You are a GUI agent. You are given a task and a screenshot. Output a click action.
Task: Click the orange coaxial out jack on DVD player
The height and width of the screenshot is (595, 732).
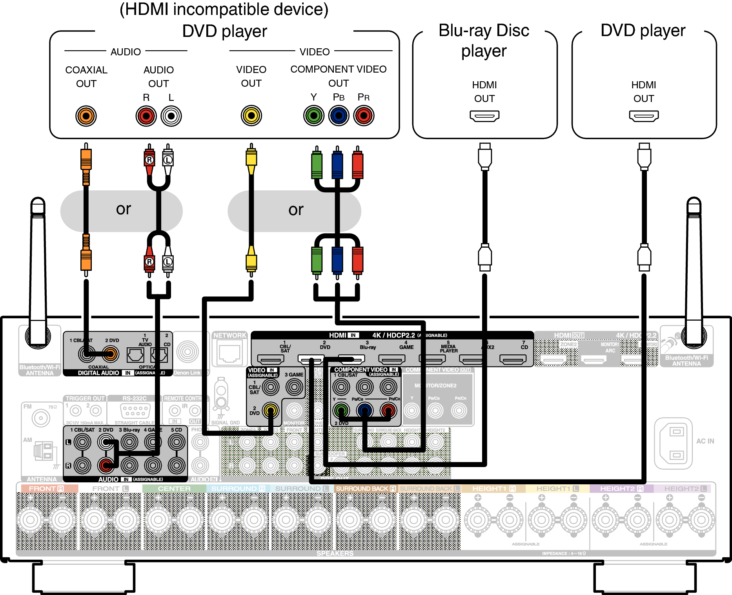86,116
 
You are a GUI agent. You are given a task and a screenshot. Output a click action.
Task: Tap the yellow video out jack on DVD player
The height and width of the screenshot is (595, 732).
251,116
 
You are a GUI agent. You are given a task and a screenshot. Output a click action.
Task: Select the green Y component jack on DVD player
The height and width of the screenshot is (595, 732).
313,116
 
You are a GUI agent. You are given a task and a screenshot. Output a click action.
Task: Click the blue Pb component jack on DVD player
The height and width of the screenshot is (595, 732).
339,116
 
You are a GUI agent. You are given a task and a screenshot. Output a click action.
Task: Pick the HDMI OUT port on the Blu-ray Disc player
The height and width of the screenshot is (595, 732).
484,116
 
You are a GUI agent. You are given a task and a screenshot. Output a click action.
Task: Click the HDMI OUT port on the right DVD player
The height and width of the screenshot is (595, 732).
644,116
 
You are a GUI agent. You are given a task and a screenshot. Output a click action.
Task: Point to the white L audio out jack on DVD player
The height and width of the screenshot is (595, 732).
171,116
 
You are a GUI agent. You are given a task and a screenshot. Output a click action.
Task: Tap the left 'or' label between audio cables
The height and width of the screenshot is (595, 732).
123,209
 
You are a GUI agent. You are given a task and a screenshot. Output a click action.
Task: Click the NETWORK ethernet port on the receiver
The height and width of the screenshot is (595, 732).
229,354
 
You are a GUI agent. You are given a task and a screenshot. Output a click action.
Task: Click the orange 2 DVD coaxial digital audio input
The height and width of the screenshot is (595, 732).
111,354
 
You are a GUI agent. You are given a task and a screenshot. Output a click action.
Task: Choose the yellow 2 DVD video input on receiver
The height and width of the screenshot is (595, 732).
270,411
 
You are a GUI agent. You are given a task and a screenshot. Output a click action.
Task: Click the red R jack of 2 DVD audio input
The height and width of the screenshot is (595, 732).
106,465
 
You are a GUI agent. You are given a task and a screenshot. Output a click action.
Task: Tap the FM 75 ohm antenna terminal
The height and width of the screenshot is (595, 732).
41,418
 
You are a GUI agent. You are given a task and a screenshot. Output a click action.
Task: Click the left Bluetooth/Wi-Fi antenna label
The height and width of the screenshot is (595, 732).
40,370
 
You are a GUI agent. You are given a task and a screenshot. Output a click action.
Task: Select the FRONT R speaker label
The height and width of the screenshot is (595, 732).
46,489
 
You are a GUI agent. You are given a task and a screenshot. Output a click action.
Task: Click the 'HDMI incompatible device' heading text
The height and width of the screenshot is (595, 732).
224,10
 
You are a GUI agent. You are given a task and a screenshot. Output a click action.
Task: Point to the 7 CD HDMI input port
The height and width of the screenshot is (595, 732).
512,359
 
